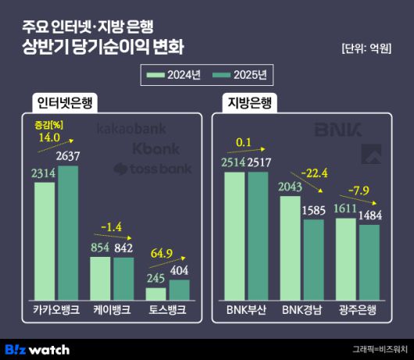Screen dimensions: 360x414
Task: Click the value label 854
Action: pyautogui.click(x=102, y=248)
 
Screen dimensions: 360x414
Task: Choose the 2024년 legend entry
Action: pyautogui.click(x=175, y=75)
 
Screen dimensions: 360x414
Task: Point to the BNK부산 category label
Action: pyautogui.click(x=247, y=309)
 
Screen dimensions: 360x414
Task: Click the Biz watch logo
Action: pyautogui.click(x=37, y=349)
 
